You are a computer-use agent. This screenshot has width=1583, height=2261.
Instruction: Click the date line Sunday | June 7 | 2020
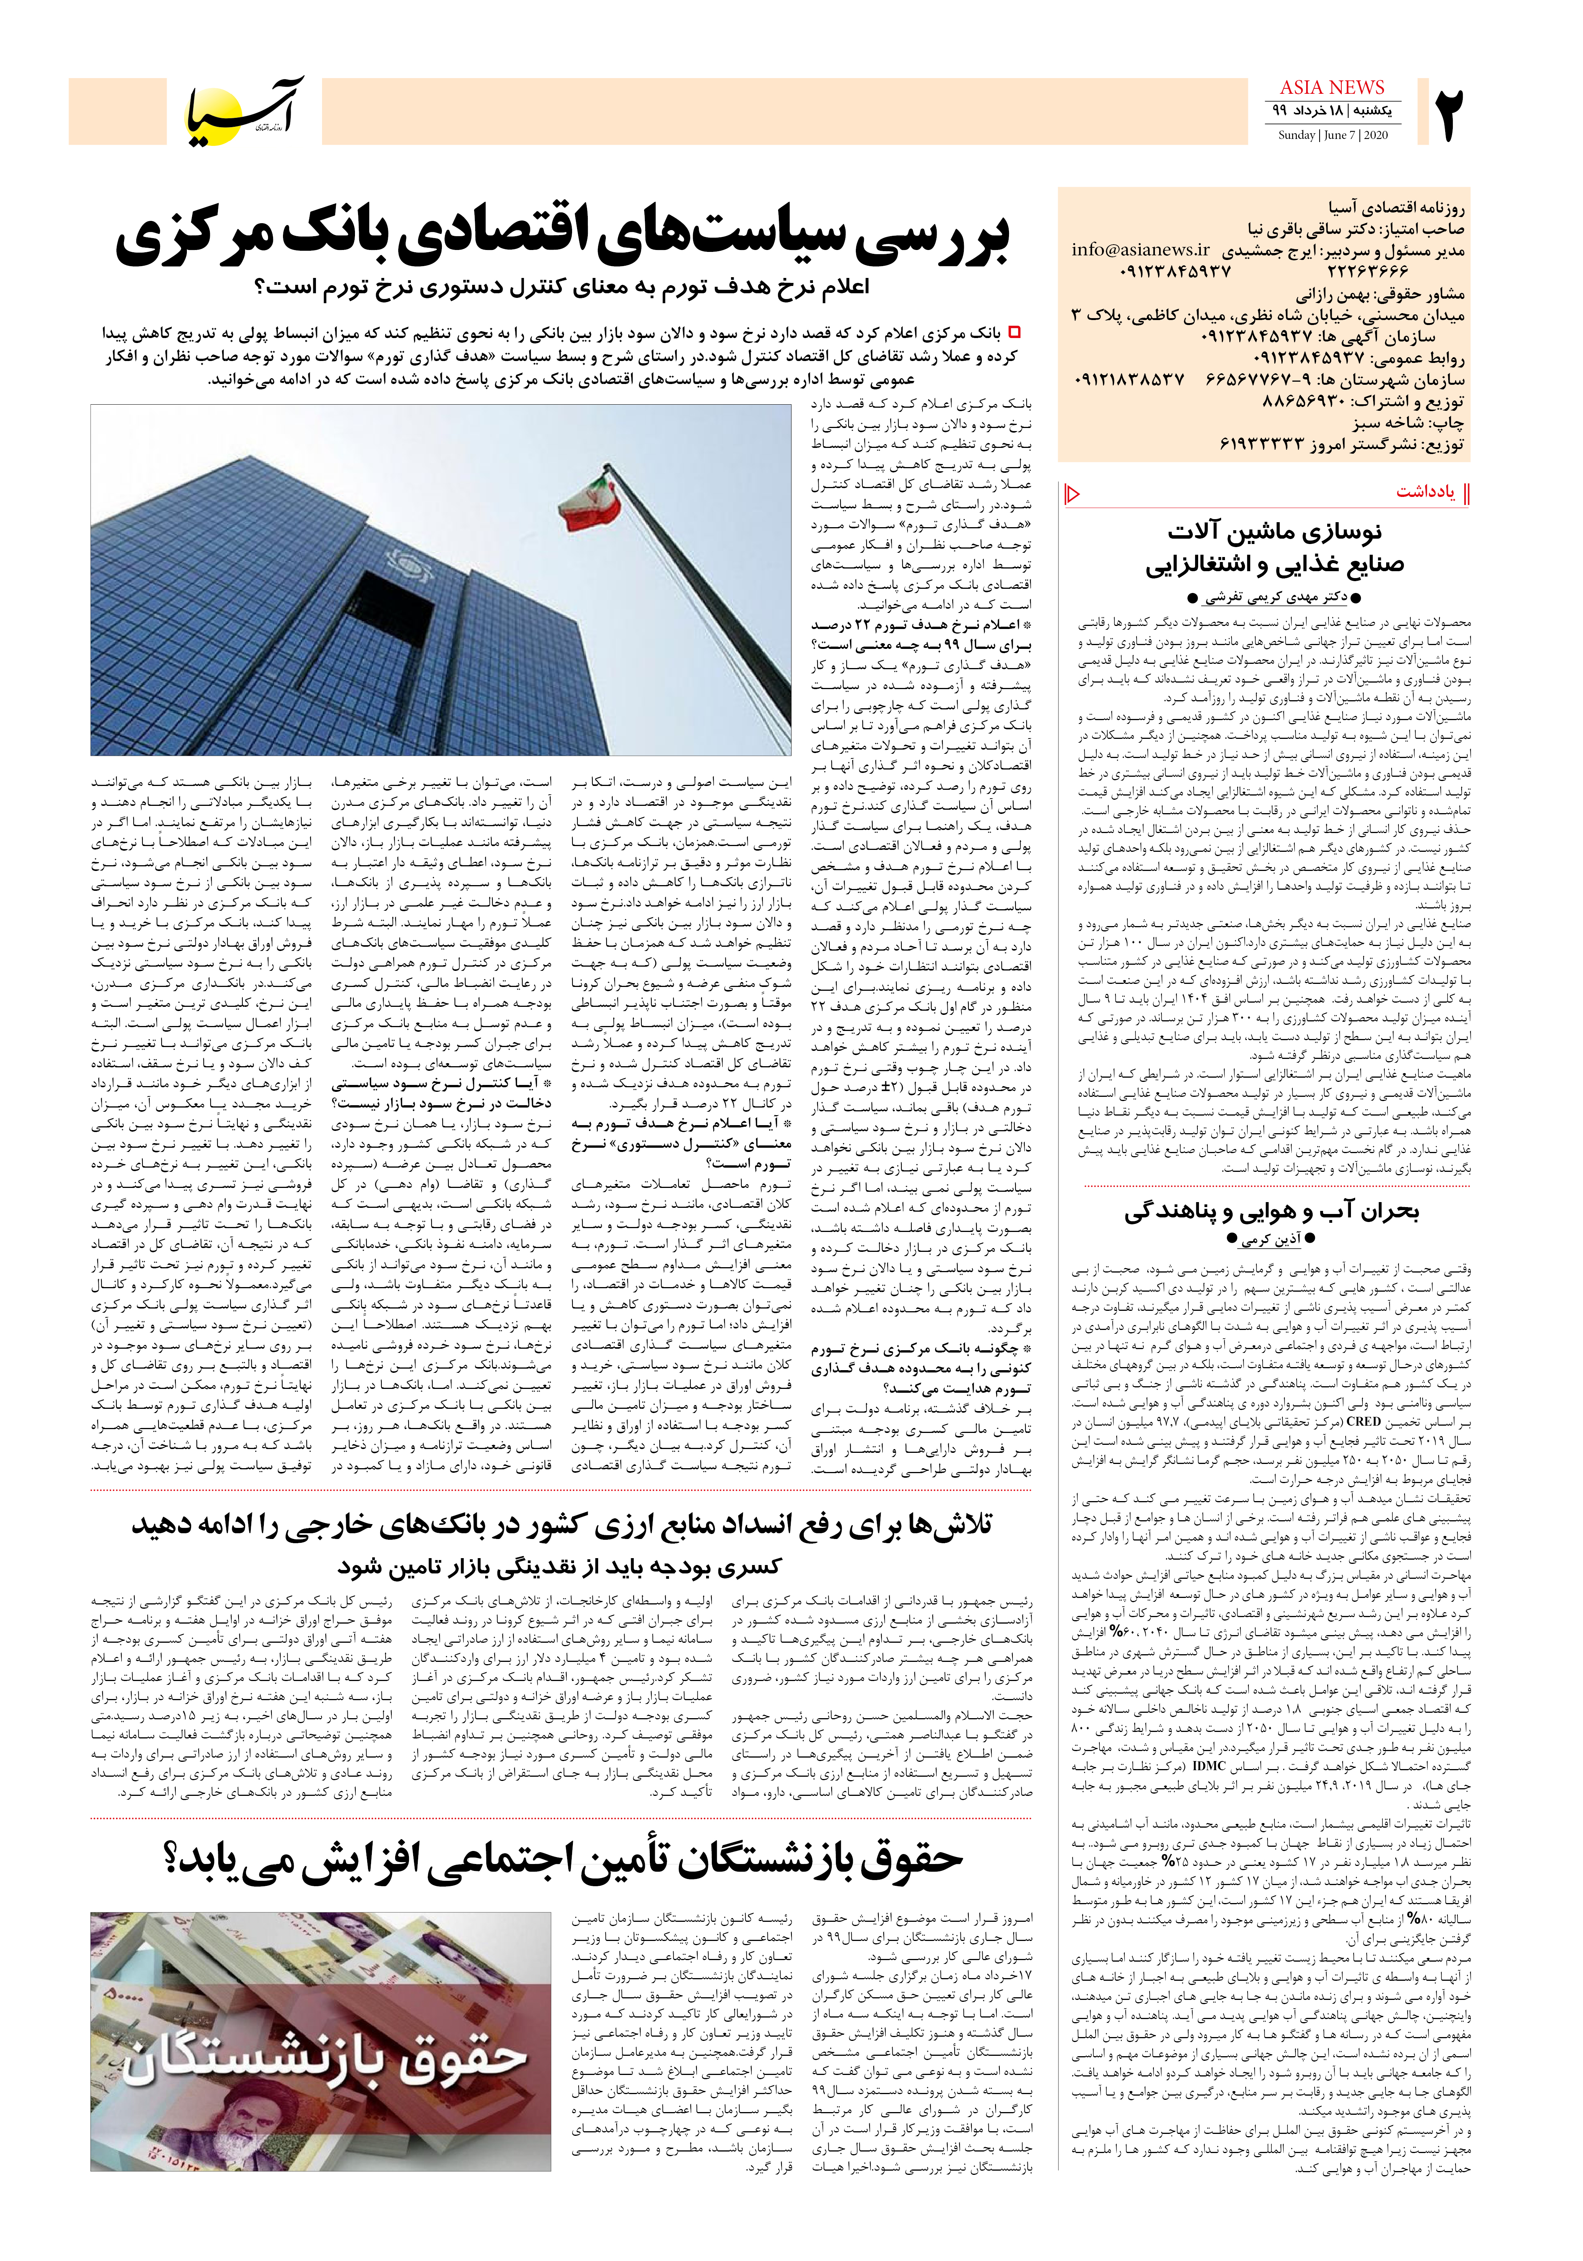click(x=1333, y=135)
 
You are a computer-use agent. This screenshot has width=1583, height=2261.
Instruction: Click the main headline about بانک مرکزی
click(x=563, y=239)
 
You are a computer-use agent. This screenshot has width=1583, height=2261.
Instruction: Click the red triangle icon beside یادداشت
click(x=1074, y=492)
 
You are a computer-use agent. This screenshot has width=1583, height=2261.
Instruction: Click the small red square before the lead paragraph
click(x=1015, y=333)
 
